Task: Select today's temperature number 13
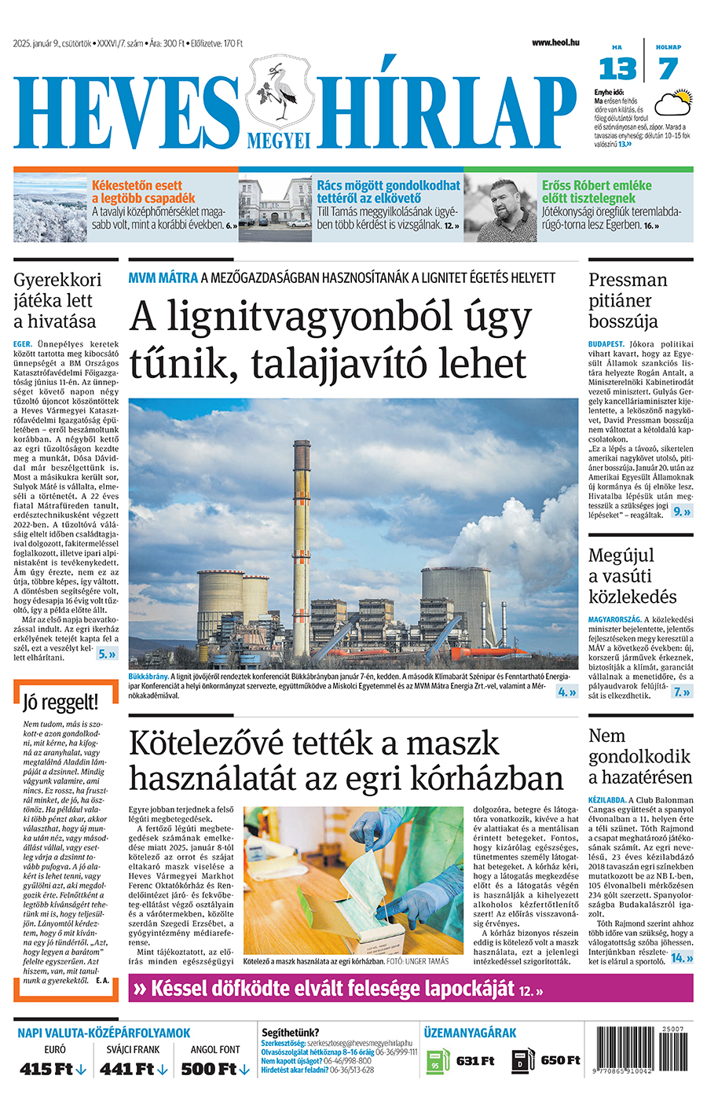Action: (x=617, y=69)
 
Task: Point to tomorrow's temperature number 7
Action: (x=668, y=69)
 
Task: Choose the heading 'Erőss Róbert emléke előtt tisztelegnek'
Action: (x=596, y=192)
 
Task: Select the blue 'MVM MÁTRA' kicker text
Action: (x=163, y=277)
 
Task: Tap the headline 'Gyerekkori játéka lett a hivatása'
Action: (x=57, y=300)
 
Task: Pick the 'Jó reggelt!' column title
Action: (x=60, y=702)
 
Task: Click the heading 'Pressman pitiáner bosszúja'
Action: (x=628, y=300)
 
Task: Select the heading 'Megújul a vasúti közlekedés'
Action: (x=632, y=576)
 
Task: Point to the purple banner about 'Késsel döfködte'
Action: (x=411, y=989)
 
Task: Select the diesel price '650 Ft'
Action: (x=560, y=1061)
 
